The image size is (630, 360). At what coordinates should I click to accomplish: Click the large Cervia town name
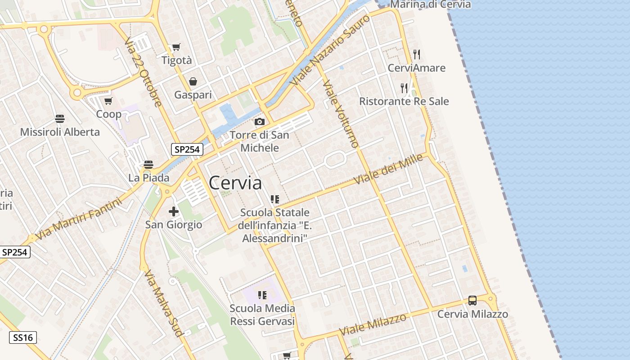tap(235, 183)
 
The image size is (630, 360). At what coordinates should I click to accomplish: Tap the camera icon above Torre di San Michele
tap(259, 121)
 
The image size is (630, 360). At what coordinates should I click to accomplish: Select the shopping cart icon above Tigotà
tap(176, 47)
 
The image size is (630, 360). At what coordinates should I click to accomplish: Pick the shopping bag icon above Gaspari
tap(193, 81)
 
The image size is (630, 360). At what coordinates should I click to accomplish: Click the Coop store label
tap(109, 114)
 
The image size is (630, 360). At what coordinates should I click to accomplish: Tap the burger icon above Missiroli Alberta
tap(60, 119)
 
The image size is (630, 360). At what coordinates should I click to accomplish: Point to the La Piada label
tap(149, 178)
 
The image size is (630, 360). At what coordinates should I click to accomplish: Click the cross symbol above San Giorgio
tap(174, 211)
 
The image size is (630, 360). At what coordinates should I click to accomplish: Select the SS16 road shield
tap(23, 337)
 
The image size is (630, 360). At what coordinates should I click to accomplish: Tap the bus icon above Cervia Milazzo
tap(472, 301)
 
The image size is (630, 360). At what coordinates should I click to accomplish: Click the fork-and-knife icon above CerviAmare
tap(417, 54)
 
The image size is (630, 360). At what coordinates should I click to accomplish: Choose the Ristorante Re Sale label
tap(404, 101)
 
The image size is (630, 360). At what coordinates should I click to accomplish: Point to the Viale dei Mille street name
tap(389, 169)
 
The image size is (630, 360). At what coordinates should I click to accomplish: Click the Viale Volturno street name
tap(341, 114)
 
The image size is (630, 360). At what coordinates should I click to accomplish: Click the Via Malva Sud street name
tap(163, 303)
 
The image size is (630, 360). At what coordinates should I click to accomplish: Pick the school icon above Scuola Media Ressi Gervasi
tap(262, 295)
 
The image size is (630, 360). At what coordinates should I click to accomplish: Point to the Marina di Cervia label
tap(430, 4)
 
